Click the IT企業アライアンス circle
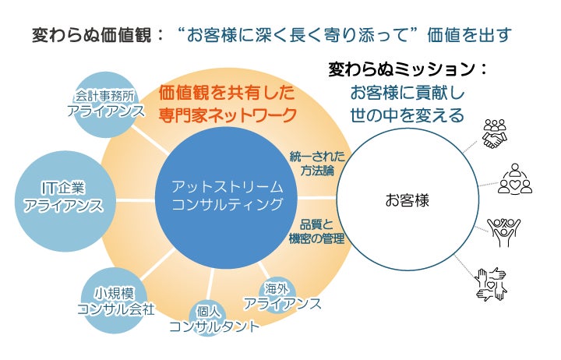click(63, 196)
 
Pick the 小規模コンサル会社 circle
click(117, 301)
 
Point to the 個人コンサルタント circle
click(215, 319)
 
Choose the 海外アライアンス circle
click(282, 296)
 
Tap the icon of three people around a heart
click(515, 179)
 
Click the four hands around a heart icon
click(491, 284)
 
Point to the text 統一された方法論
click(316, 162)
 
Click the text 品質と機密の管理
click(316, 231)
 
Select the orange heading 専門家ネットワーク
click(228, 115)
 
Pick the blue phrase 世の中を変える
click(408, 115)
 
